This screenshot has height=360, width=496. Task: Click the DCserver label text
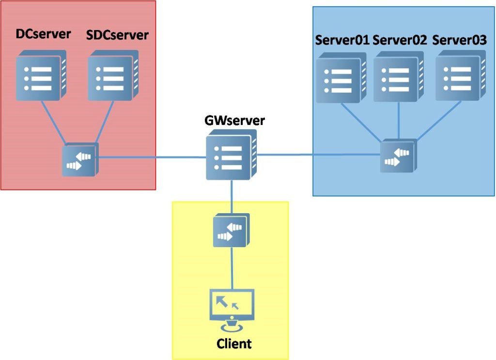43,34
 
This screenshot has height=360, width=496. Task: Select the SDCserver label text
117,35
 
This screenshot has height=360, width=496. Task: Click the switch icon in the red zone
80,159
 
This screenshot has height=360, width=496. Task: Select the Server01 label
342,40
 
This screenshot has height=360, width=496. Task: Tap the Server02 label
400,40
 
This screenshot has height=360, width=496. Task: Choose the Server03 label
459,40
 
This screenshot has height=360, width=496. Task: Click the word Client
234,344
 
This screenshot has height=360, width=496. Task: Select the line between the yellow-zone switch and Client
232,269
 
